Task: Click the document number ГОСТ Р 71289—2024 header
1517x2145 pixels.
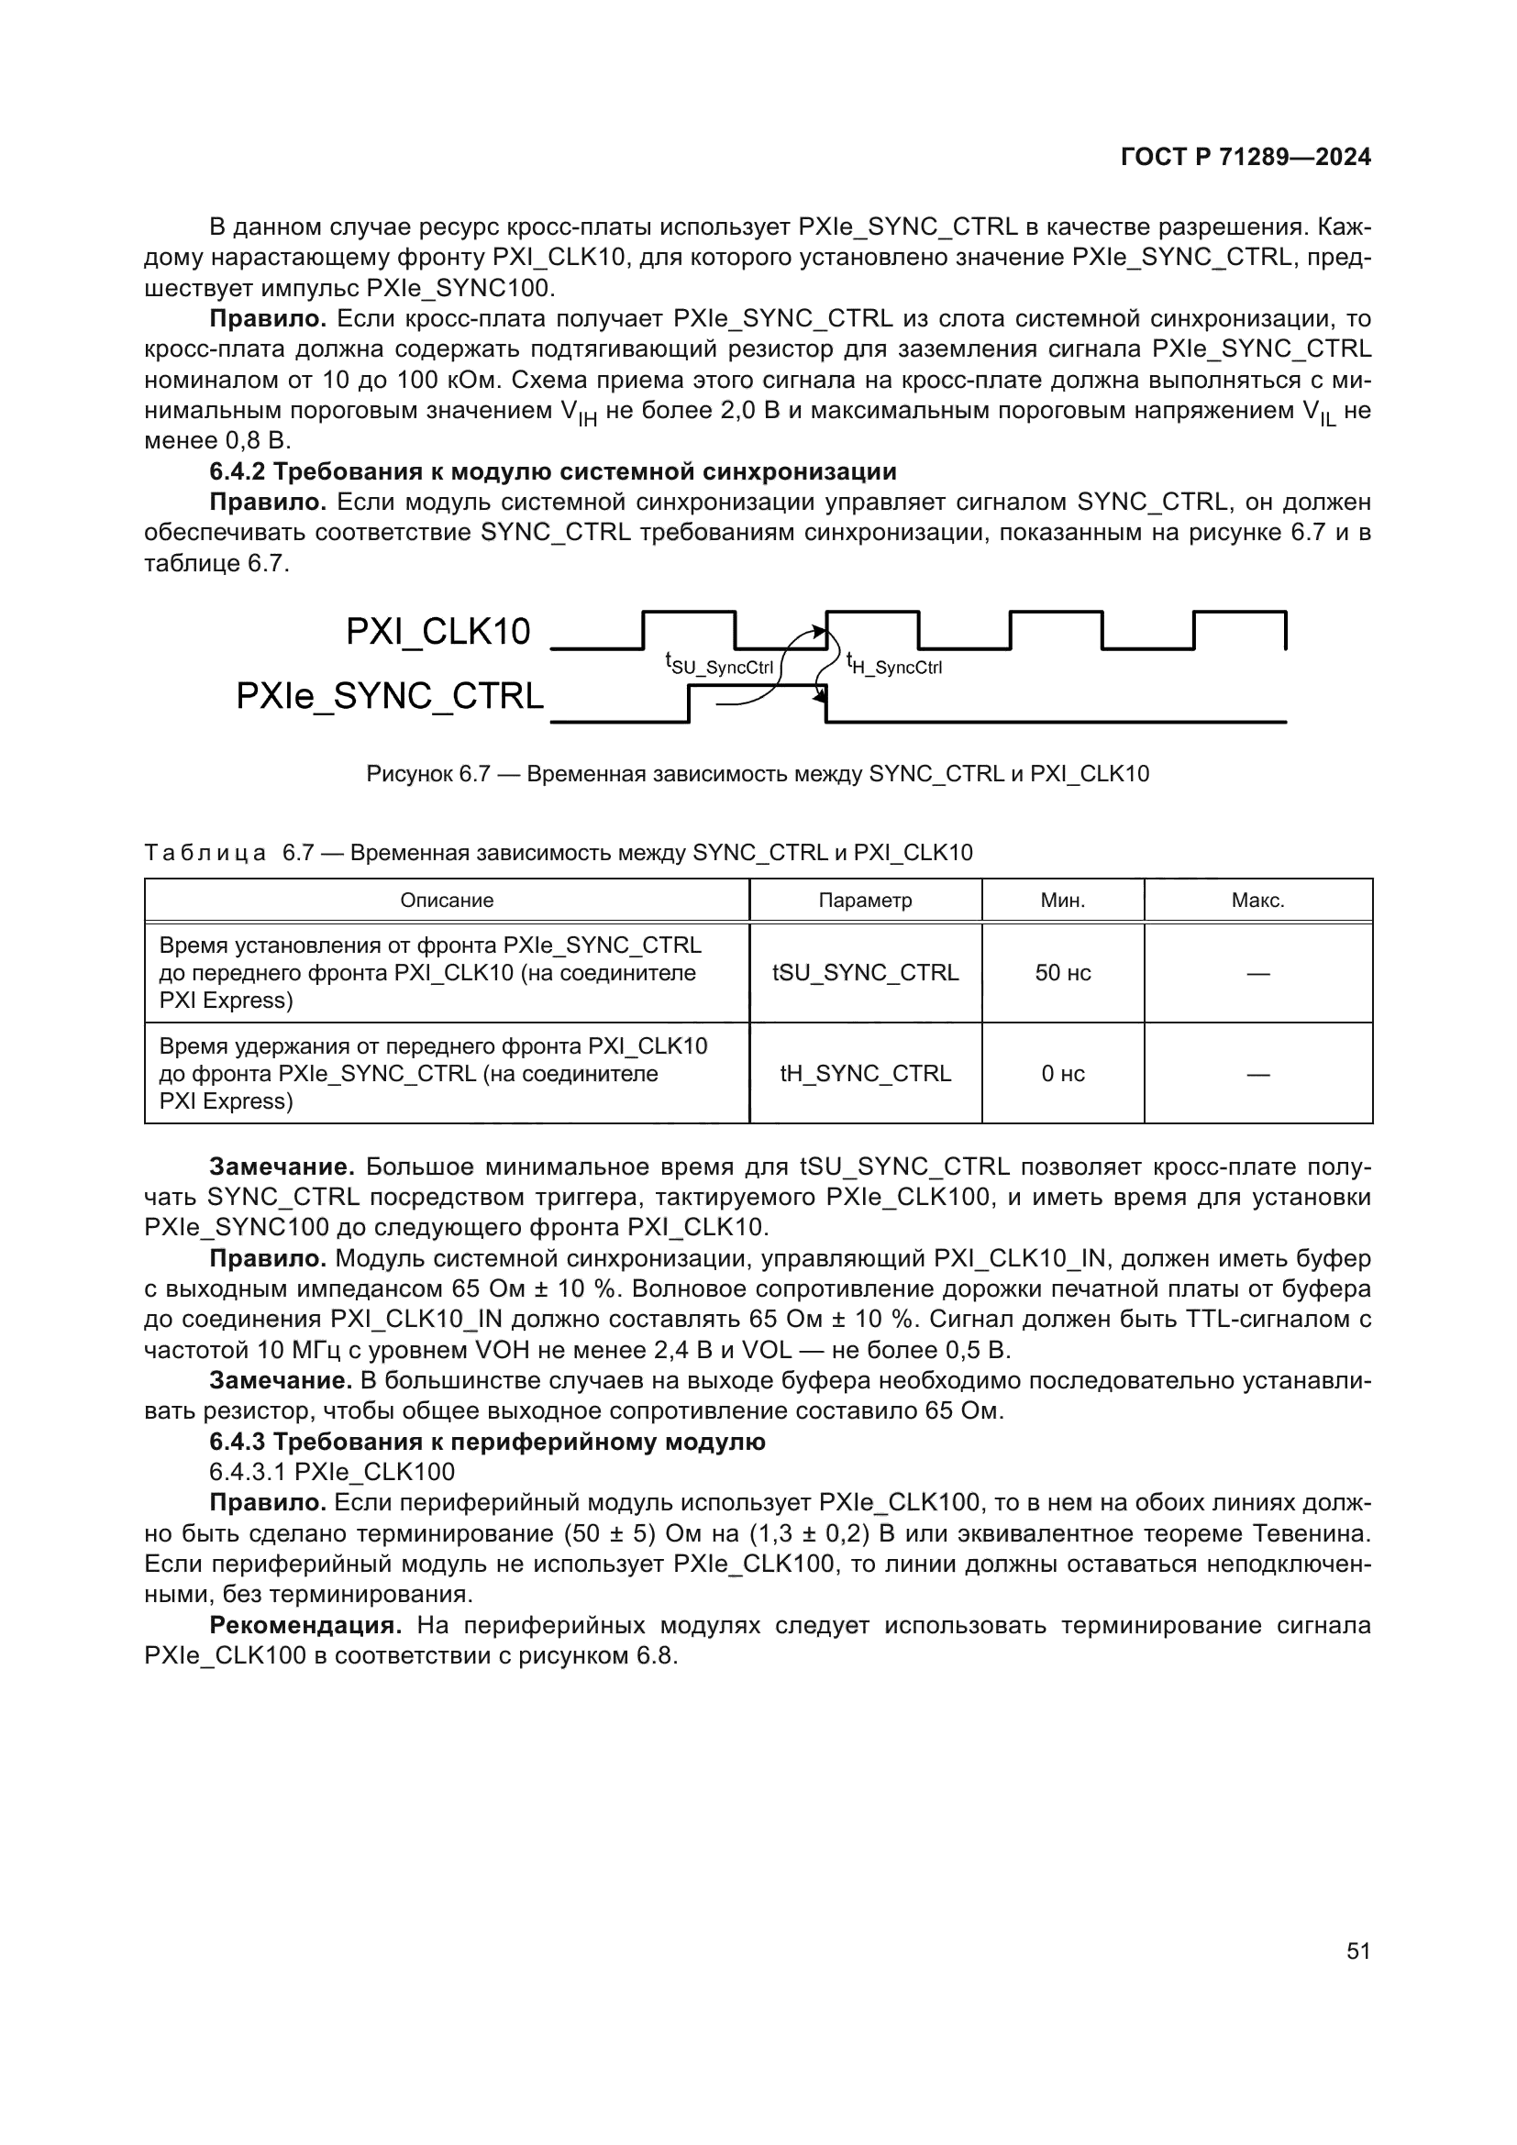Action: [x=1246, y=157]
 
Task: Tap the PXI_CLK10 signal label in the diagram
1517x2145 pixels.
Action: [x=437, y=633]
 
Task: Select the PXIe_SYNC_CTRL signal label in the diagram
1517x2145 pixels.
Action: [x=390, y=697]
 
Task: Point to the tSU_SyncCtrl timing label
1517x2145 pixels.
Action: [x=719, y=664]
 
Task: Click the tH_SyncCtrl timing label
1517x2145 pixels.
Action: [x=894, y=664]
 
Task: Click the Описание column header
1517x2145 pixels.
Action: [x=447, y=901]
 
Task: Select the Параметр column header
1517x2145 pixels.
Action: [x=865, y=901]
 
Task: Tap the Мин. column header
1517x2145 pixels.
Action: [x=1063, y=901]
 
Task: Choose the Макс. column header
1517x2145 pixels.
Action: [x=1258, y=901]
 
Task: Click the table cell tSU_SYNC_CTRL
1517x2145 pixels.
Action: [x=865, y=972]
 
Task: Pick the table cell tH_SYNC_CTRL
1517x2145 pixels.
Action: [x=865, y=1074]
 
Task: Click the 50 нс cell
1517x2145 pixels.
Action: [x=1063, y=972]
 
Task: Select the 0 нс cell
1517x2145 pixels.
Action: [x=1063, y=1074]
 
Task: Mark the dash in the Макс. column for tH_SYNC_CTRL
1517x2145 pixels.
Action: [x=1258, y=1075]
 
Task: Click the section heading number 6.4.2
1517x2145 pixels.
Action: [x=238, y=471]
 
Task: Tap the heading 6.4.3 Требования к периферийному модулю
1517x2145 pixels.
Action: [x=487, y=1442]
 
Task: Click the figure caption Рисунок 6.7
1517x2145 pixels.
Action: [x=758, y=774]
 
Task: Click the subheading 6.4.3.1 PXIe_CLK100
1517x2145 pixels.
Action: [x=332, y=1473]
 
